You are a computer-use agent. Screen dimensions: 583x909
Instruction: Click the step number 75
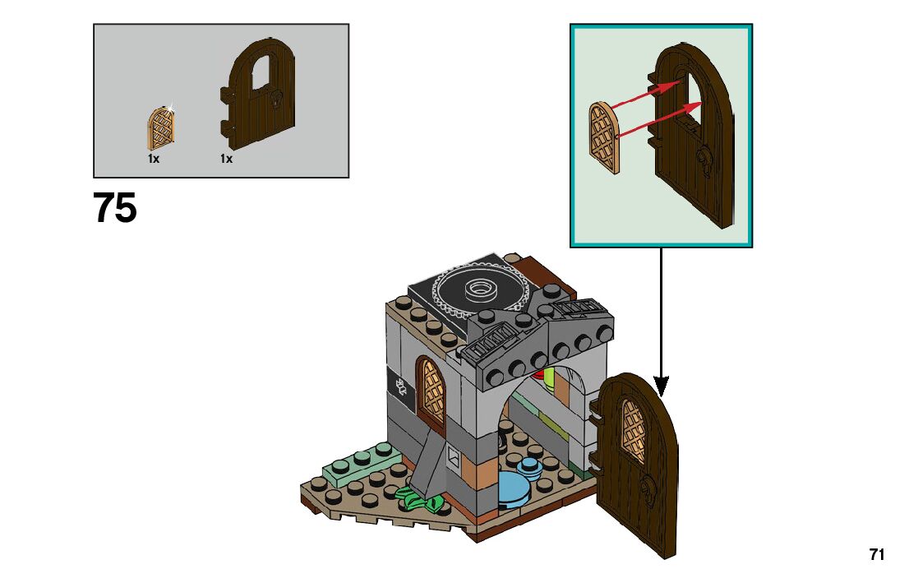click(115, 208)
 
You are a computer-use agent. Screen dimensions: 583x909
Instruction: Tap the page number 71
click(877, 555)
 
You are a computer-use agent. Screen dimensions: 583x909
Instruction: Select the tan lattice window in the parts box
click(161, 129)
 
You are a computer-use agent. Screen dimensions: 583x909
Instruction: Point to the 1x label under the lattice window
click(154, 159)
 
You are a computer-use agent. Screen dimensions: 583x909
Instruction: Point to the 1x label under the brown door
click(227, 159)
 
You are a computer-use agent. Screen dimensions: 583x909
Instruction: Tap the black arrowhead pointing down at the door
click(661, 386)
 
